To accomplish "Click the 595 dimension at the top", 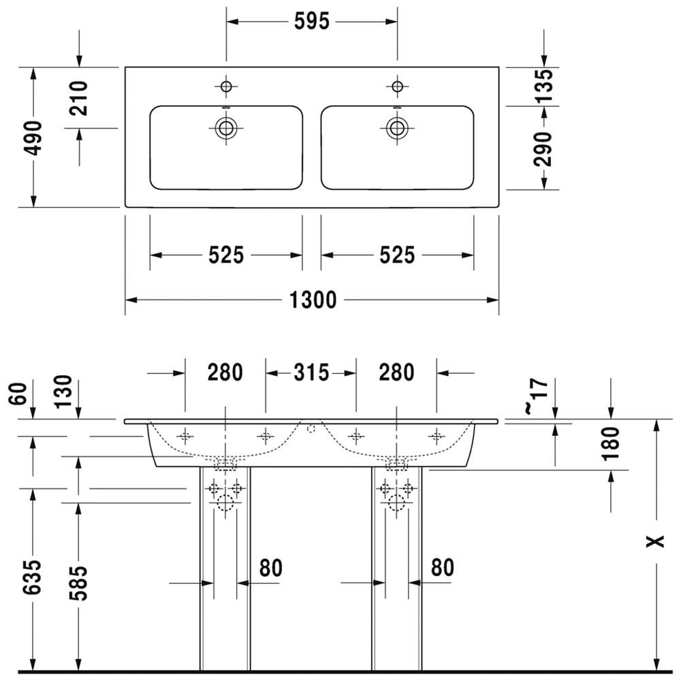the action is [312, 21].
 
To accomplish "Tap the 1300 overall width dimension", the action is [313, 300].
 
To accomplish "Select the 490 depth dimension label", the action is [33, 138].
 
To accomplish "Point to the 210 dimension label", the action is [78, 98].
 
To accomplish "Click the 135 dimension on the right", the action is [543, 86].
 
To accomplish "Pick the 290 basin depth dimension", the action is [543, 149].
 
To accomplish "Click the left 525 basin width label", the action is [226, 255].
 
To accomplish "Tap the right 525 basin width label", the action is [397, 255].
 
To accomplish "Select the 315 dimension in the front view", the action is [311, 373].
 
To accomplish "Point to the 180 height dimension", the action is [611, 443].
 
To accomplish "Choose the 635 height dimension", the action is [33, 577].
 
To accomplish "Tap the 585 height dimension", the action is [78, 584].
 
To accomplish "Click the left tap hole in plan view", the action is [226, 86].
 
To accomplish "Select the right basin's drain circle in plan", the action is [397, 128].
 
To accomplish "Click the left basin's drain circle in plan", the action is [226, 128].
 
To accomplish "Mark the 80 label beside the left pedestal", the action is [270, 568].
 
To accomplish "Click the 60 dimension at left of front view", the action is [18, 394].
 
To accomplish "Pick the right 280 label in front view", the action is [396, 373].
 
